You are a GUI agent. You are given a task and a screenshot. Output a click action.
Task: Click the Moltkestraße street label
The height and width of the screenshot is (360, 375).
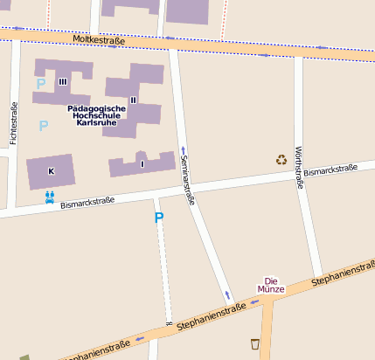(x=99, y=39)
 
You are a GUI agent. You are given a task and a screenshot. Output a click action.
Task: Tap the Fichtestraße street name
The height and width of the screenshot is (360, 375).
(x=13, y=123)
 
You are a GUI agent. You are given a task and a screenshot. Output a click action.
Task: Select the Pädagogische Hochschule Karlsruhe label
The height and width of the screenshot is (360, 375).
(x=96, y=115)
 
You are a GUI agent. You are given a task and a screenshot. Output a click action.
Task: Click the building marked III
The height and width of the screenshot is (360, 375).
(x=62, y=81)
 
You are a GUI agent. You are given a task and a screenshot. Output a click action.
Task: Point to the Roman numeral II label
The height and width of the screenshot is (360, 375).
(x=133, y=100)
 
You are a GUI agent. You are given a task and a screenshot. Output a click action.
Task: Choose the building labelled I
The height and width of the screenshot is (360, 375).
(x=142, y=163)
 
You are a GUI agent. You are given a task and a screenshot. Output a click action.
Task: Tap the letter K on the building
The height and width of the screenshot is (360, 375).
(x=51, y=171)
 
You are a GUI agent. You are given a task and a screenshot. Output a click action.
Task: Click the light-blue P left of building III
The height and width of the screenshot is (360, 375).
(x=39, y=84)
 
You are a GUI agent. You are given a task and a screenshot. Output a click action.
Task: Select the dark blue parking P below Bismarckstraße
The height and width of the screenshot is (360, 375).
(x=158, y=218)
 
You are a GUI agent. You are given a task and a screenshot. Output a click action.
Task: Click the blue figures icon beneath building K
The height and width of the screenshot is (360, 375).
(x=50, y=197)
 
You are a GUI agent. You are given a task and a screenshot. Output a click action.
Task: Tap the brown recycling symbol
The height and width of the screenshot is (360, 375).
(x=281, y=159)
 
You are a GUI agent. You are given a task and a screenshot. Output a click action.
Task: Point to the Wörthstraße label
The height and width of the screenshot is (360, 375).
(x=299, y=168)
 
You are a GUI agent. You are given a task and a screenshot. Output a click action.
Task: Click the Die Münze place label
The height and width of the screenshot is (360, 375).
(x=271, y=284)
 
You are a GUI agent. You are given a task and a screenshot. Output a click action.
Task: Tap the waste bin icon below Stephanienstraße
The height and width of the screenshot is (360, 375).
(x=254, y=343)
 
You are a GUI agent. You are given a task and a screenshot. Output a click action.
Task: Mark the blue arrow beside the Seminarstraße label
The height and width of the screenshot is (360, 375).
(x=183, y=149)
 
